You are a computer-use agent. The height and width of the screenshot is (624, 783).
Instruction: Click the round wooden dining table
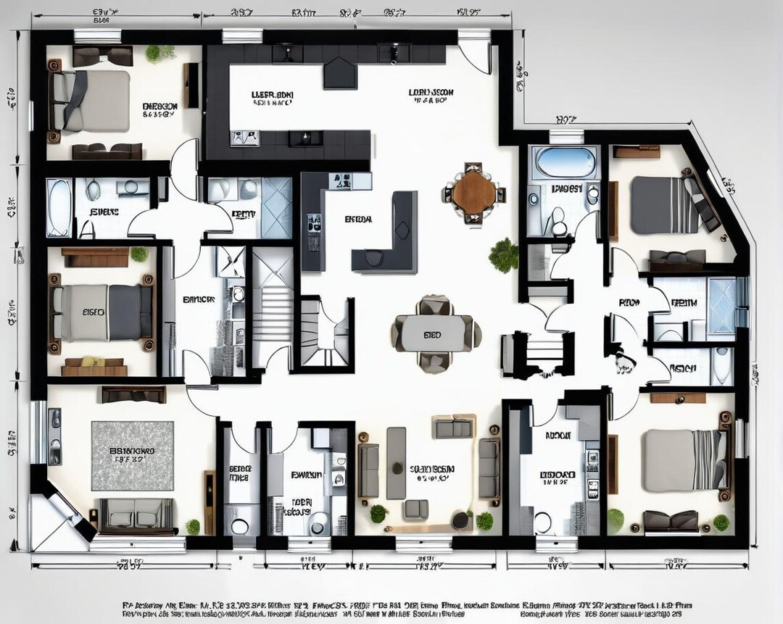(474, 192)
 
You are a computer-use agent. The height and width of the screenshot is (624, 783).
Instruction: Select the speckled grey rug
(132, 455)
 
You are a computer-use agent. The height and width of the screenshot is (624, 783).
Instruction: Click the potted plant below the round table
(503, 254)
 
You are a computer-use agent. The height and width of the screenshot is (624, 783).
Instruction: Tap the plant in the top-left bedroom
(157, 54)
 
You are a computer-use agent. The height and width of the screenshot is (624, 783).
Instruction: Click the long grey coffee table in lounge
(396, 462)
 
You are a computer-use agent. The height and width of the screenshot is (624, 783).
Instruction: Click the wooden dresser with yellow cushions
(94, 365)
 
